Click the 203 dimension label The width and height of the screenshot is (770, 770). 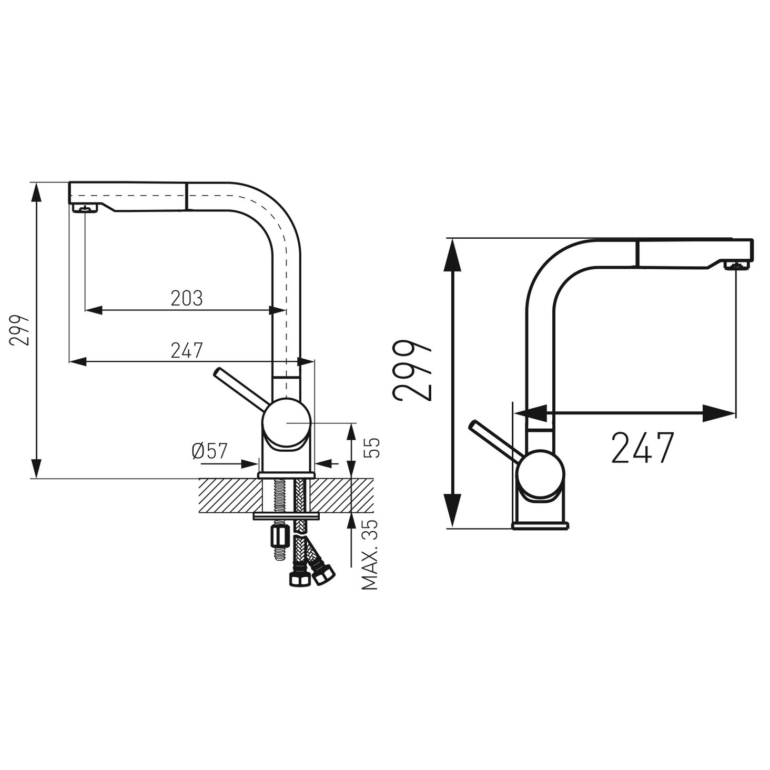pyautogui.click(x=187, y=298)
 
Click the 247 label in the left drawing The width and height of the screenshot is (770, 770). pyautogui.click(x=187, y=350)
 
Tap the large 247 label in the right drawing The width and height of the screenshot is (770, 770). pyautogui.click(x=643, y=447)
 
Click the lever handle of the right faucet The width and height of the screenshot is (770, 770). pyautogui.click(x=495, y=441)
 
